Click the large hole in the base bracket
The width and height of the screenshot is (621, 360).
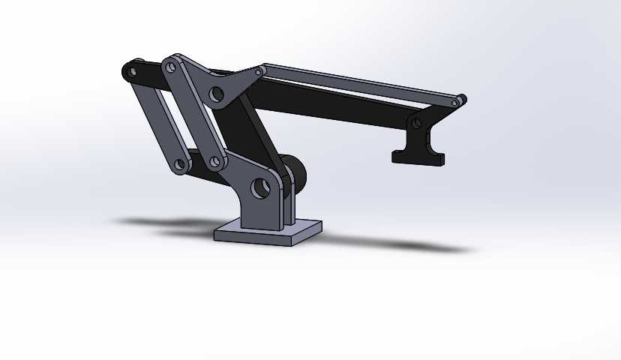point(260,187)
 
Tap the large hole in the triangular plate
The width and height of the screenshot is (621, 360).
point(217,94)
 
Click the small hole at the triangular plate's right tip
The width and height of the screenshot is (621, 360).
point(259,73)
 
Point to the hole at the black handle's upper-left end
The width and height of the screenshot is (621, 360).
point(132,73)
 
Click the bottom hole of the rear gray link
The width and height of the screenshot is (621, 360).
point(179,164)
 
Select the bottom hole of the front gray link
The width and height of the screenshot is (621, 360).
point(215,161)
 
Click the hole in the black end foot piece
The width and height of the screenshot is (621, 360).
point(416,121)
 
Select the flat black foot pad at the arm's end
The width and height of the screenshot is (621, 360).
point(418,157)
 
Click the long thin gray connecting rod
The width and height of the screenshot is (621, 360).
point(360,84)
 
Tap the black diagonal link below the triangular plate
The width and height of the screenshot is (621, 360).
point(259,135)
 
